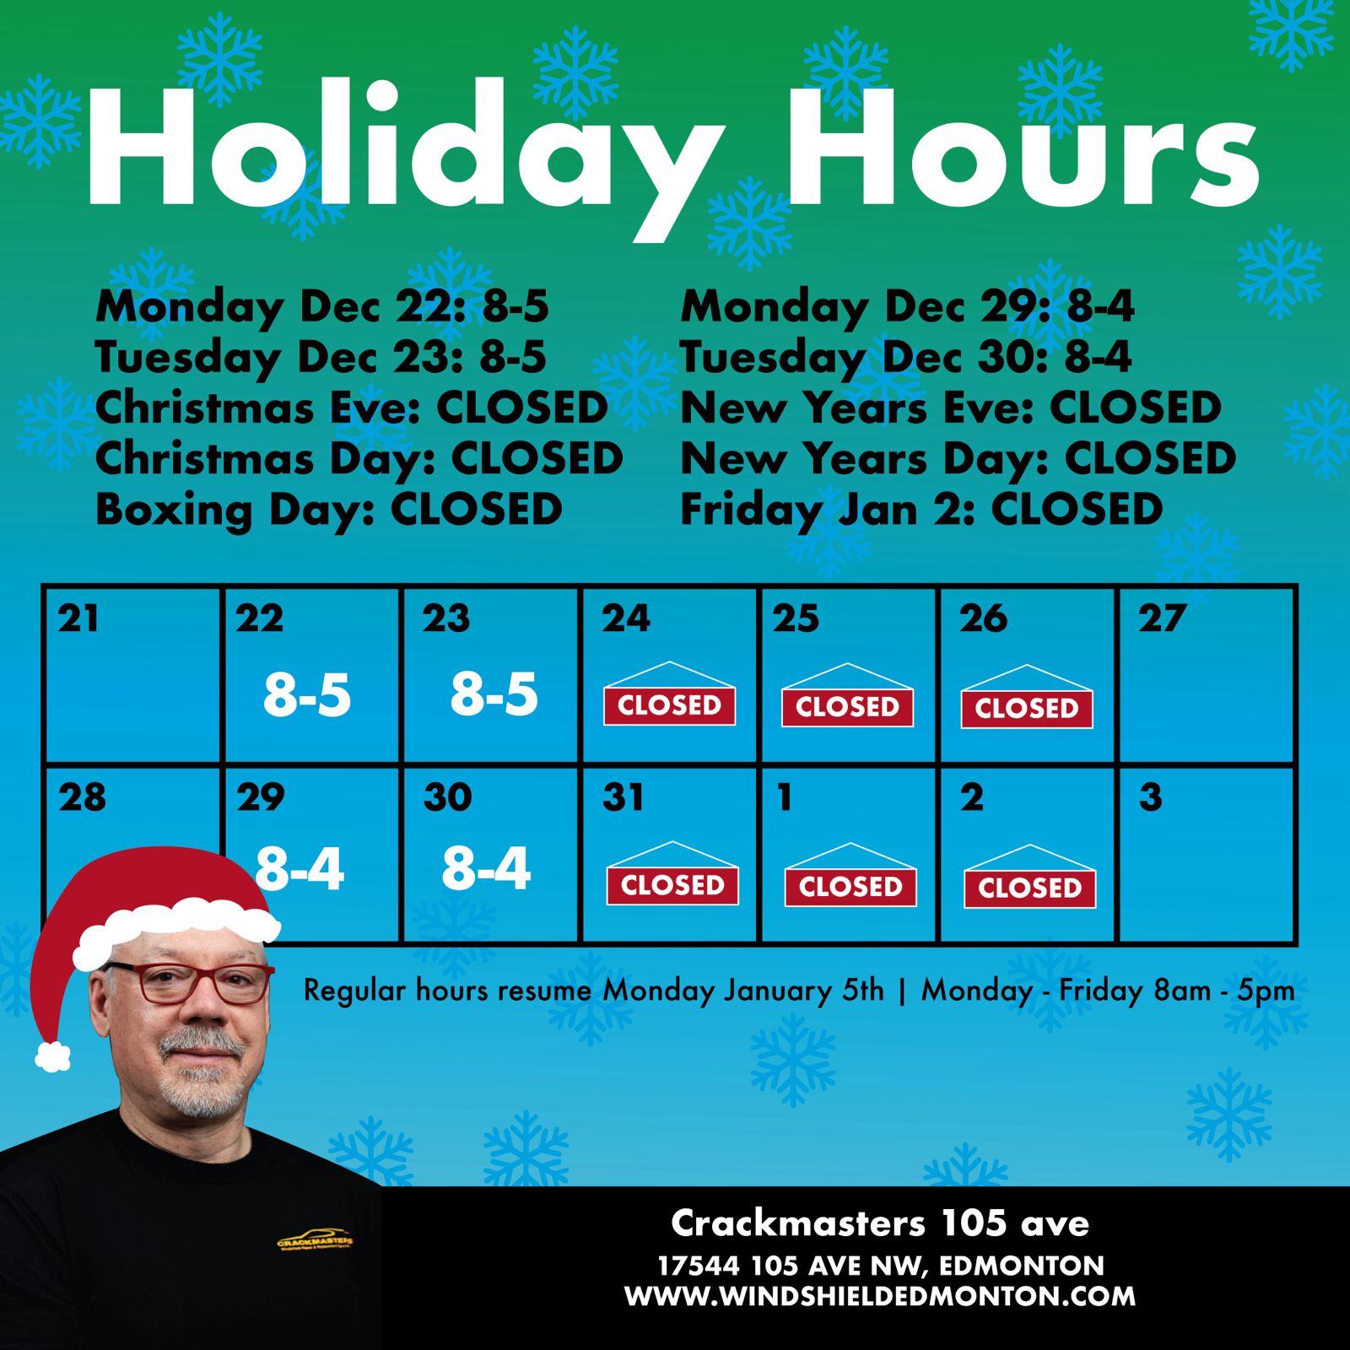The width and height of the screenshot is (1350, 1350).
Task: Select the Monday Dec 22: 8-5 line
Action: [322, 307]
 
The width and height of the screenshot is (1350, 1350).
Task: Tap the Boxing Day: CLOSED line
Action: [329, 510]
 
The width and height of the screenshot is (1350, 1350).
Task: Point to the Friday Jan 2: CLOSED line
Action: [921, 510]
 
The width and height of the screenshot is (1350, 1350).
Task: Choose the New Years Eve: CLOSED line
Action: [951, 408]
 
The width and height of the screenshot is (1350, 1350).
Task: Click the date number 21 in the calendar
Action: [78, 618]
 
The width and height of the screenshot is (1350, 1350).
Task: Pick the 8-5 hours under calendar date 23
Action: [494, 694]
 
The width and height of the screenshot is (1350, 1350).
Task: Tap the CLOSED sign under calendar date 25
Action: [847, 695]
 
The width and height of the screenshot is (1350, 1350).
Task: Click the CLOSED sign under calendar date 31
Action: [672, 873]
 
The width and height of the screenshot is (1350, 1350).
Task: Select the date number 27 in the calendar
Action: [1162, 618]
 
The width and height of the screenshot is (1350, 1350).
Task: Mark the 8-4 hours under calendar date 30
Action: [486, 868]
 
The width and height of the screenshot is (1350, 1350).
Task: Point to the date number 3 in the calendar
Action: [1150, 797]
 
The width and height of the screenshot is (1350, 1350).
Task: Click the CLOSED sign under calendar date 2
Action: [1029, 876]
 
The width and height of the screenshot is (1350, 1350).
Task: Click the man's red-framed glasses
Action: [191, 982]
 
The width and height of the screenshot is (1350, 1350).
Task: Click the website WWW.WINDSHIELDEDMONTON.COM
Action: [880, 1296]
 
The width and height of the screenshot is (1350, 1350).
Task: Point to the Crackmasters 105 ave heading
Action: [880, 1223]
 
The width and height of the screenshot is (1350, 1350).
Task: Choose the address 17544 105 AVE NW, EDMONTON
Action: [881, 1266]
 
